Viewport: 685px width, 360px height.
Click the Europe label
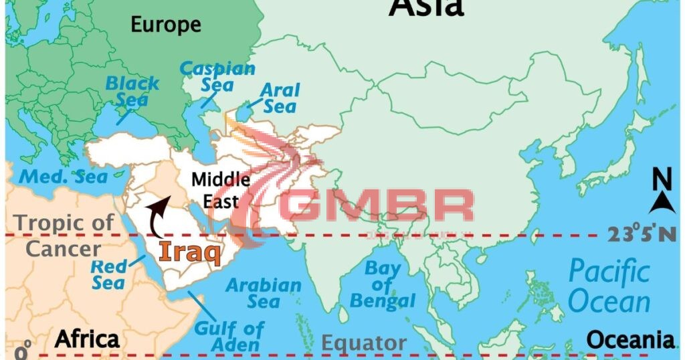click(x=165, y=25)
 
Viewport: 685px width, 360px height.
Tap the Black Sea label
click(x=132, y=92)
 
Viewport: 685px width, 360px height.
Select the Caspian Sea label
click(x=217, y=76)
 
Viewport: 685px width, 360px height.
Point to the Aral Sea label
click(x=280, y=98)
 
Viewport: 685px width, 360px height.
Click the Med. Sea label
click(x=63, y=177)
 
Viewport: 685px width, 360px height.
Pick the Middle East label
click(x=221, y=189)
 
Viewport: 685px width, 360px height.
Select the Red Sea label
click(x=108, y=274)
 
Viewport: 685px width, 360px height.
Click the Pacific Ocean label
click(x=609, y=286)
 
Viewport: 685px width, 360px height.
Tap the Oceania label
click(x=629, y=339)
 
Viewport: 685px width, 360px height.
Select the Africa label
click(x=86, y=339)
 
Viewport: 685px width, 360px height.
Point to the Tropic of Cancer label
click(x=64, y=236)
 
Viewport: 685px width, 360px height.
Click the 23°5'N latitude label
click(x=641, y=234)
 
